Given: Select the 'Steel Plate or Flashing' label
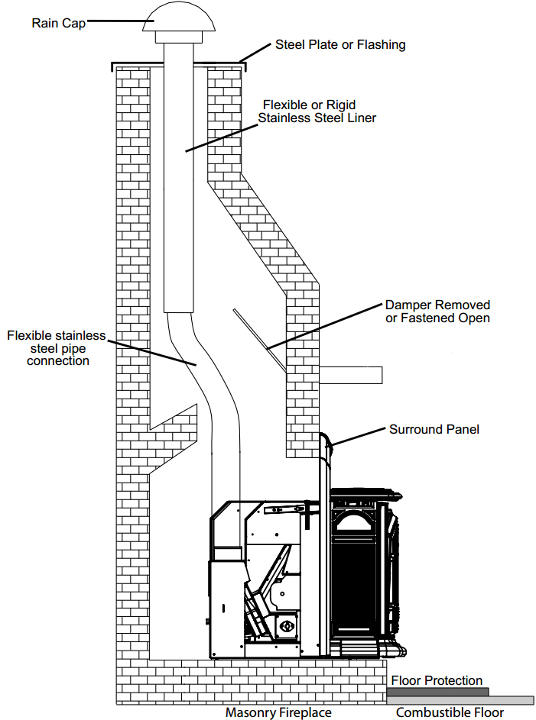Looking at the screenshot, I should tap(340, 44).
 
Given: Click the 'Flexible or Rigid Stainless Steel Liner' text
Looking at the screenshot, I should tap(317, 111).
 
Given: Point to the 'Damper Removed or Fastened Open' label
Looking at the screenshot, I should tap(437, 312).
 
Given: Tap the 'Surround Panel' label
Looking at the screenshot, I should tap(434, 429).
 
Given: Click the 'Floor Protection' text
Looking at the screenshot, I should tap(437, 680).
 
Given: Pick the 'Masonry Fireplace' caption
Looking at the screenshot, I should tap(278, 712).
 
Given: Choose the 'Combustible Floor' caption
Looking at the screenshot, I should tap(450, 712).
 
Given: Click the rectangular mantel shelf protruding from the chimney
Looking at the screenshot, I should tap(350, 375).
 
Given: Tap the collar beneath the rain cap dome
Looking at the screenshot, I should tap(176, 37).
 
